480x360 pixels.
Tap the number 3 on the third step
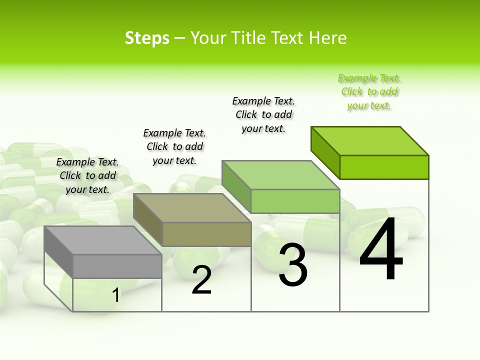[x=293, y=264]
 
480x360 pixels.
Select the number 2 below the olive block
[x=201, y=280]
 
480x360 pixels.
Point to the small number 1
[x=115, y=295]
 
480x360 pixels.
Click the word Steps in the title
[x=147, y=38]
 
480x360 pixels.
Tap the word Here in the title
[x=327, y=38]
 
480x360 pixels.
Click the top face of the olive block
[x=192, y=208]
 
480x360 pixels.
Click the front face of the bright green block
[x=384, y=167]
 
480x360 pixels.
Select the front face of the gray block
[x=117, y=266]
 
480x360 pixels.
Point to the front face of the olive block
[x=206, y=234]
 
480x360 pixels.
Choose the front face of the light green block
[x=295, y=201]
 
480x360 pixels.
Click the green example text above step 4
[x=369, y=92]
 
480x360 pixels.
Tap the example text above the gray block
[x=87, y=175]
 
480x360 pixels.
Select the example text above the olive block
[x=174, y=146]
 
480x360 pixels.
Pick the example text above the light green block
[x=263, y=114]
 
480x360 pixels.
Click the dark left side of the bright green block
[x=325, y=152]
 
